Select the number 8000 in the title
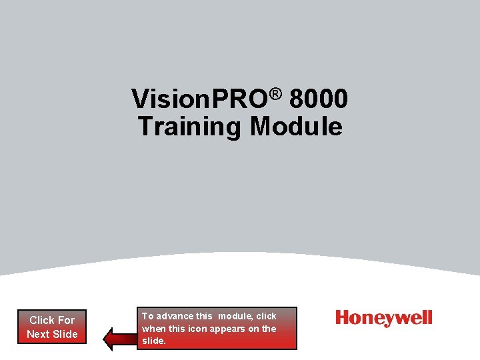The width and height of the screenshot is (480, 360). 319,100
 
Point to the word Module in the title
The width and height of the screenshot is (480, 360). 296,126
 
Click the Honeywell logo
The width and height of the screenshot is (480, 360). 384,318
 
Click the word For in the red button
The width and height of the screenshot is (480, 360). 66,320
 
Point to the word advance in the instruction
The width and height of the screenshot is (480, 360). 174,316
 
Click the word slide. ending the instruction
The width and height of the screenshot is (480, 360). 154,341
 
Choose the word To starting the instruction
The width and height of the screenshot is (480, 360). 147,316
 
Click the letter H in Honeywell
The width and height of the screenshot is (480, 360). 343,318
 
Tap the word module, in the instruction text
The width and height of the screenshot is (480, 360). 235,316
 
